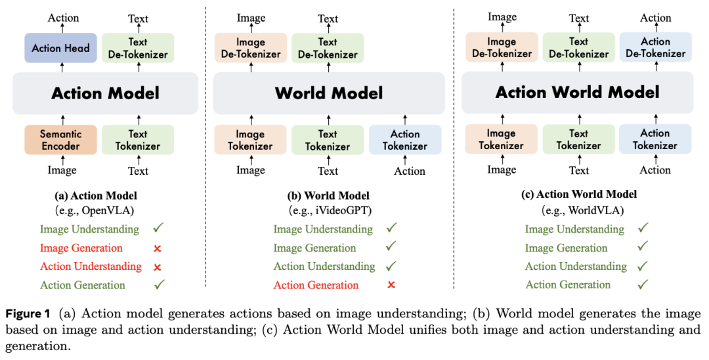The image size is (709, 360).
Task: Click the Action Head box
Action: pyautogui.click(x=60, y=48)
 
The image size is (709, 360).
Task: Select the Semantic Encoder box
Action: pyautogui.click(x=60, y=140)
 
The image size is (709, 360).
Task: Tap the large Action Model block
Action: pyautogui.click(x=105, y=93)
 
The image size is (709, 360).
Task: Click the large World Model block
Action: pyautogui.click(x=328, y=93)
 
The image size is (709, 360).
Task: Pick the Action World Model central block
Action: pyautogui.click(x=577, y=91)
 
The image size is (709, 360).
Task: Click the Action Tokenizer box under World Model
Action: pyautogui.click(x=405, y=140)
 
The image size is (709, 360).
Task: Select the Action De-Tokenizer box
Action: pyautogui.click(x=655, y=47)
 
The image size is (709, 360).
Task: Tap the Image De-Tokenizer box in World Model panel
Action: pyautogui.click(x=250, y=48)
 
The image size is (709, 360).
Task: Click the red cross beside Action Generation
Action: pyautogui.click(x=391, y=284)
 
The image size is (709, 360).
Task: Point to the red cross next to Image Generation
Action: pyautogui.click(x=158, y=248)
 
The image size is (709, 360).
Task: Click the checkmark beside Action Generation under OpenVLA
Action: pyautogui.click(x=158, y=284)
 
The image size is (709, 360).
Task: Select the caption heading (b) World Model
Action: pyautogui.click(x=328, y=196)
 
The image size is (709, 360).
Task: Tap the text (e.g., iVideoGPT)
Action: pyautogui.click(x=328, y=210)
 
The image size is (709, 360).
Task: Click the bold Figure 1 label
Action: pyautogui.click(x=30, y=314)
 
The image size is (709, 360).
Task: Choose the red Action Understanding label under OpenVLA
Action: pyautogui.click(x=91, y=266)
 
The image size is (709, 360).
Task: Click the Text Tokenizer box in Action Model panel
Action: pyautogui.click(x=138, y=140)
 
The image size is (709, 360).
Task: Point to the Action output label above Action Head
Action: pyautogui.click(x=63, y=18)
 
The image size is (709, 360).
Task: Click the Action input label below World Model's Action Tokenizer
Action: pyautogui.click(x=410, y=171)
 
